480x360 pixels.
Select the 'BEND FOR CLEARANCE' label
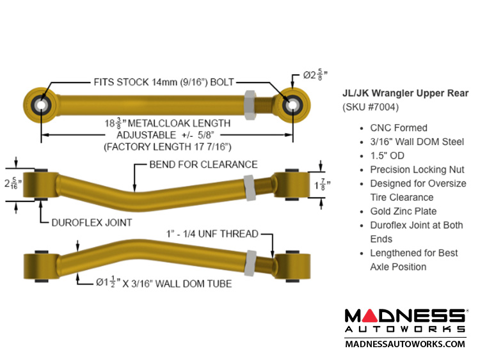point(204,164)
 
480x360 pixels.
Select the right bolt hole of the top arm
point(292,104)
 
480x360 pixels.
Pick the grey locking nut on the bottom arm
point(252,259)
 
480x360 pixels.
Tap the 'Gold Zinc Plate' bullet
point(403,211)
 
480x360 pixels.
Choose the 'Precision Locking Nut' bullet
point(416,169)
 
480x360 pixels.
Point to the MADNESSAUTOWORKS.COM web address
point(405,344)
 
